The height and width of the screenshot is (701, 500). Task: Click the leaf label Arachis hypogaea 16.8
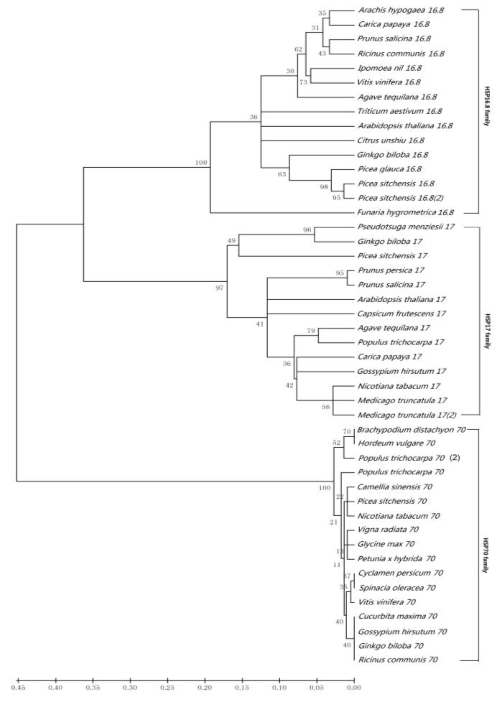point(401,10)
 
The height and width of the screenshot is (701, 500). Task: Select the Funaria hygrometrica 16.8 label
point(405,213)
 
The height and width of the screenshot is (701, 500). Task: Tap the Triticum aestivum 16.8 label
point(400,111)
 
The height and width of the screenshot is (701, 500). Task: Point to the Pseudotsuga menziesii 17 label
point(406,227)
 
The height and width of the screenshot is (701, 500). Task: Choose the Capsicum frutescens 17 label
point(401,314)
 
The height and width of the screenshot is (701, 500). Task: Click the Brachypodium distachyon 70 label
point(411,430)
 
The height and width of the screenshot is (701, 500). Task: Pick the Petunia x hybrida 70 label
point(396,559)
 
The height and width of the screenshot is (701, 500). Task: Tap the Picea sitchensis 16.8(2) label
point(401,198)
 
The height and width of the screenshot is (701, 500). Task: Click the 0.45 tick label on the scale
point(18,688)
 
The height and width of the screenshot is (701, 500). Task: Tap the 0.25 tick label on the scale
point(167,688)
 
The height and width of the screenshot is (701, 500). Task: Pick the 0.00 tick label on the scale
point(354,688)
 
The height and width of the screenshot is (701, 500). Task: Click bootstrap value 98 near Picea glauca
point(324,187)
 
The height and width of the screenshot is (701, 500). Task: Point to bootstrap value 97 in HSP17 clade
point(219,288)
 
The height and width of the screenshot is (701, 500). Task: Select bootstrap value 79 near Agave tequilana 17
point(311,331)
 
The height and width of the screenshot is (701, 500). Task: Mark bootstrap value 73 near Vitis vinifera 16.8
point(304,82)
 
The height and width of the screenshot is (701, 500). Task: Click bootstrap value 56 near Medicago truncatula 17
point(326,407)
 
